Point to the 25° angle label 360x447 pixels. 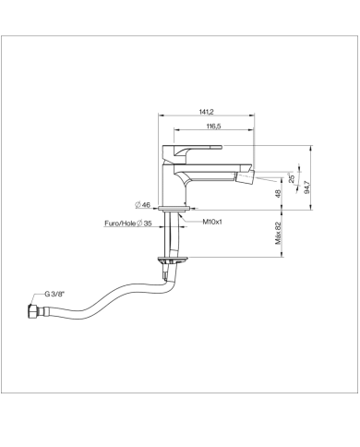tap(292, 178)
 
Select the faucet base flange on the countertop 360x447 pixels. tap(172, 210)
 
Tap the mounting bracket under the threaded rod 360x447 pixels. tap(171, 260)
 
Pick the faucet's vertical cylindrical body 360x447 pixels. tap(171, 185)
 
